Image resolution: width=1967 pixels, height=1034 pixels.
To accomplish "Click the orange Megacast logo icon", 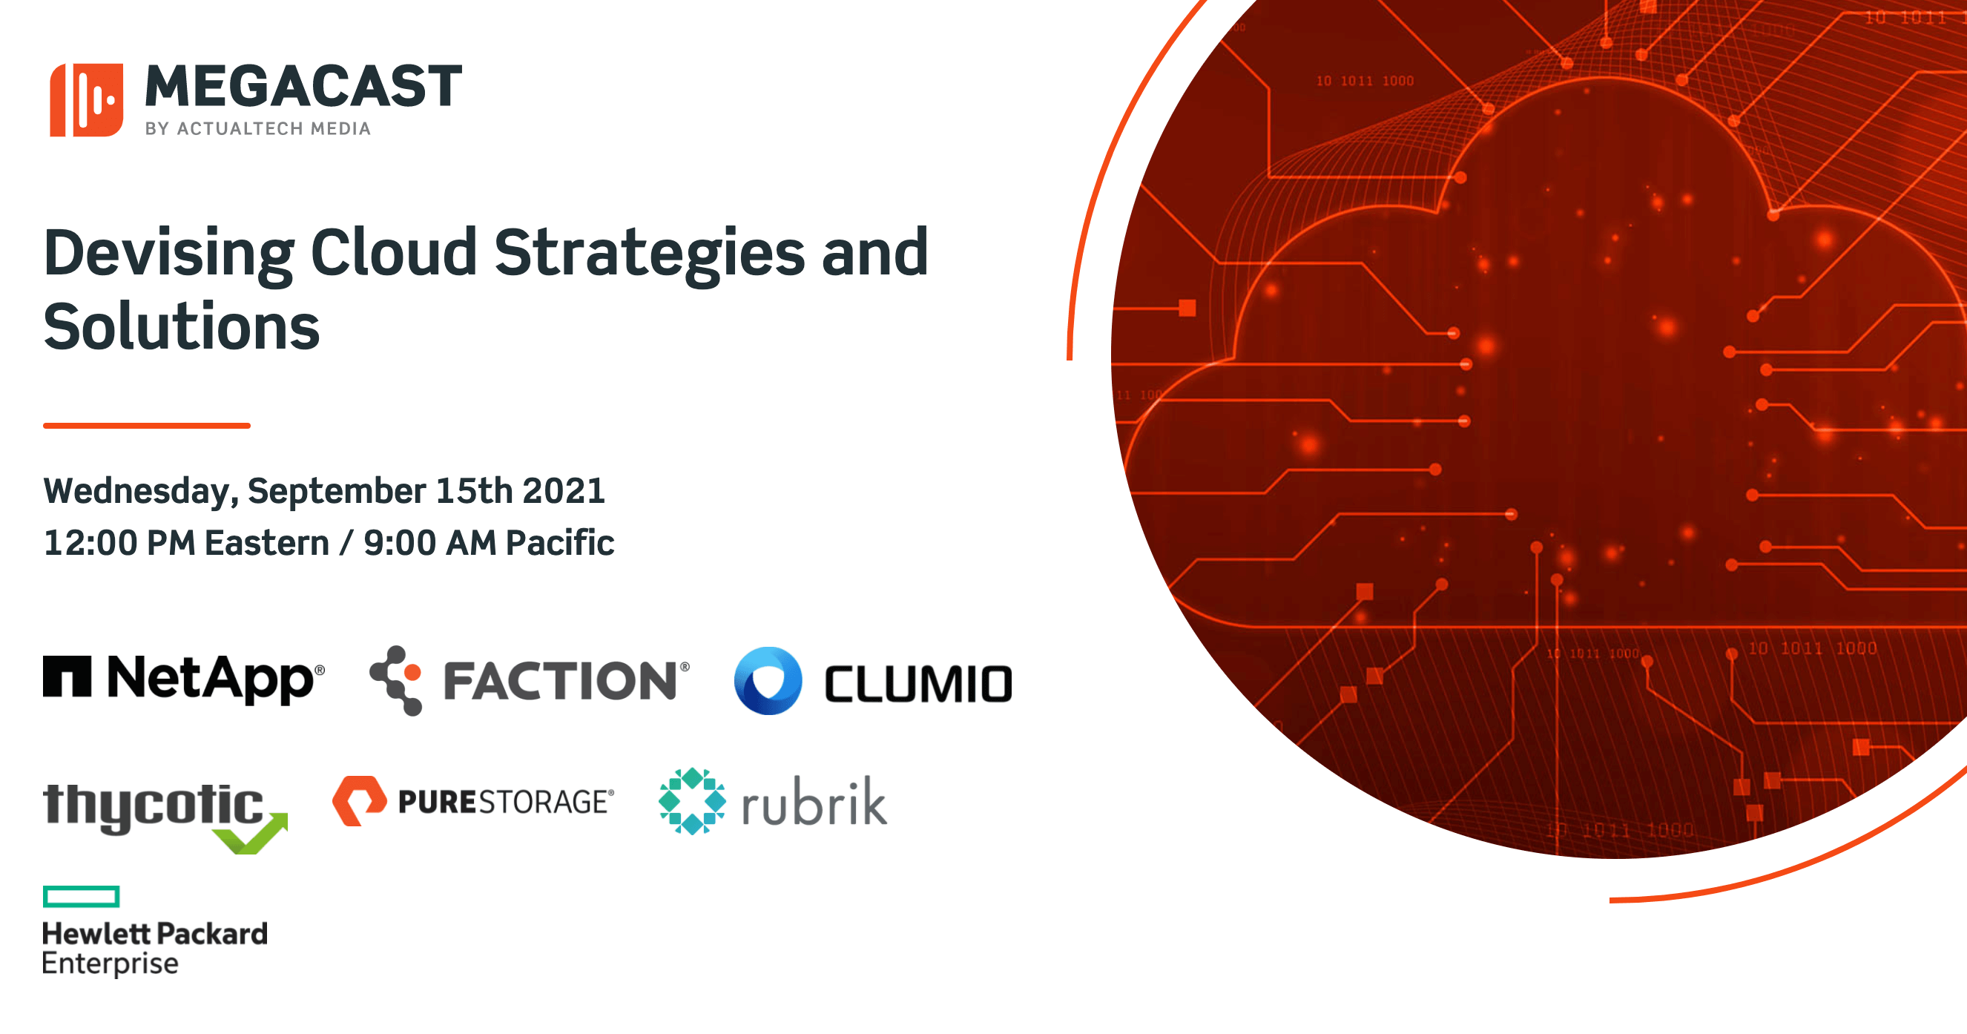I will point(86,100).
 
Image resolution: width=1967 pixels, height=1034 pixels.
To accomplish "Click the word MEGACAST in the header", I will point(303,86).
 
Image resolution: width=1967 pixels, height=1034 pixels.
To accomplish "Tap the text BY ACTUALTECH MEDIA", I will point(258,128).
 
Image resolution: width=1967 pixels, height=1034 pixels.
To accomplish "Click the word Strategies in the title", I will point(649,253).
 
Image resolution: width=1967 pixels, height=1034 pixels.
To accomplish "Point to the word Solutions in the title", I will point(182,327).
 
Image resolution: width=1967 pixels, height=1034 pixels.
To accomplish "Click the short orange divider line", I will point(147,425).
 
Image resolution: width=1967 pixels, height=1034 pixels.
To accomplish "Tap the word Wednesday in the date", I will point(136,491).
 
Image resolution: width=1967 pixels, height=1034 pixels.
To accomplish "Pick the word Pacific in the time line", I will point(560,543).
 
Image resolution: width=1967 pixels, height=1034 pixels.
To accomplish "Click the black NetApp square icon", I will point(67,676).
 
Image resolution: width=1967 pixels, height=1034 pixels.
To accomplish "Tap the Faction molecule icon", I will point(396,679).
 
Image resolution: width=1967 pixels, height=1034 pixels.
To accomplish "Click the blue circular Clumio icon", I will point(768,680).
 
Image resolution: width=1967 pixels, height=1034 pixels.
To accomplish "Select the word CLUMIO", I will point(917,683).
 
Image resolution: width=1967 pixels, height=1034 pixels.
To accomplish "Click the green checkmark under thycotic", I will point(252,835).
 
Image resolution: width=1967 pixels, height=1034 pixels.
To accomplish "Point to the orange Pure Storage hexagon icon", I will point(359,801).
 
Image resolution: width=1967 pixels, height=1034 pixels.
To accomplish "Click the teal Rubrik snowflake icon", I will point(692,801).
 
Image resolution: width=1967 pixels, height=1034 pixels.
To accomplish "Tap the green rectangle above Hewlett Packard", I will point(81,897).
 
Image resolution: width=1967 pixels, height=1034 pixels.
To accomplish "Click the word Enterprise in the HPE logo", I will point(110,964).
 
